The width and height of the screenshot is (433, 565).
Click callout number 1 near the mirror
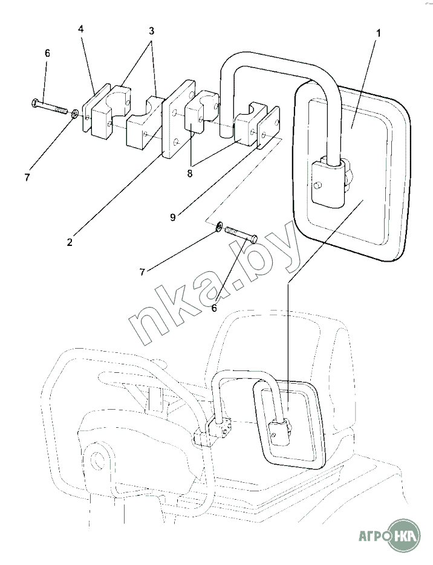point(378,33)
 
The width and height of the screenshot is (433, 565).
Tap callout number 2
point(69,242)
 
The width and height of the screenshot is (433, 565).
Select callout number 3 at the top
point(152,31)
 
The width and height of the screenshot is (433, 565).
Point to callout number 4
point(81,30)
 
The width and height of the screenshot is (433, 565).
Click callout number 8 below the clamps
point(190,173)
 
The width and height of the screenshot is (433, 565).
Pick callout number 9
point(173,218)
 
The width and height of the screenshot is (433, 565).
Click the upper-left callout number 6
point(47,53)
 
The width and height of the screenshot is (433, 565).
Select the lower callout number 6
point(214,308)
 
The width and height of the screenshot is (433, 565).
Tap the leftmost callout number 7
point(27,177)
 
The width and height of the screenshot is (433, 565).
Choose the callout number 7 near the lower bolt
point(143,273)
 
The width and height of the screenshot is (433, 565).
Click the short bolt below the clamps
point(241,234)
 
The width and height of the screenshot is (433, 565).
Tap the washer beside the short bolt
point(218,227)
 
